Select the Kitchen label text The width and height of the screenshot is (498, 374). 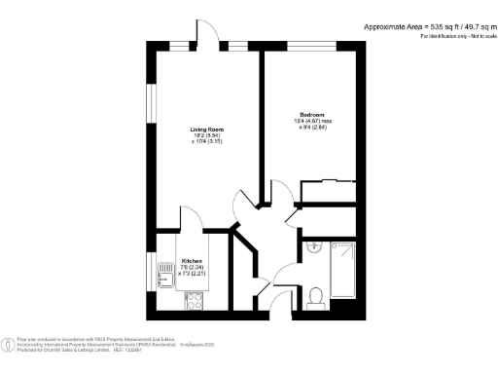(192, 261)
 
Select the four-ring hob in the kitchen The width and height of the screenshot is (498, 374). (190, 304)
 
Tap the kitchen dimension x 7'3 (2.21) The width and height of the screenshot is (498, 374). (192, 274)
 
